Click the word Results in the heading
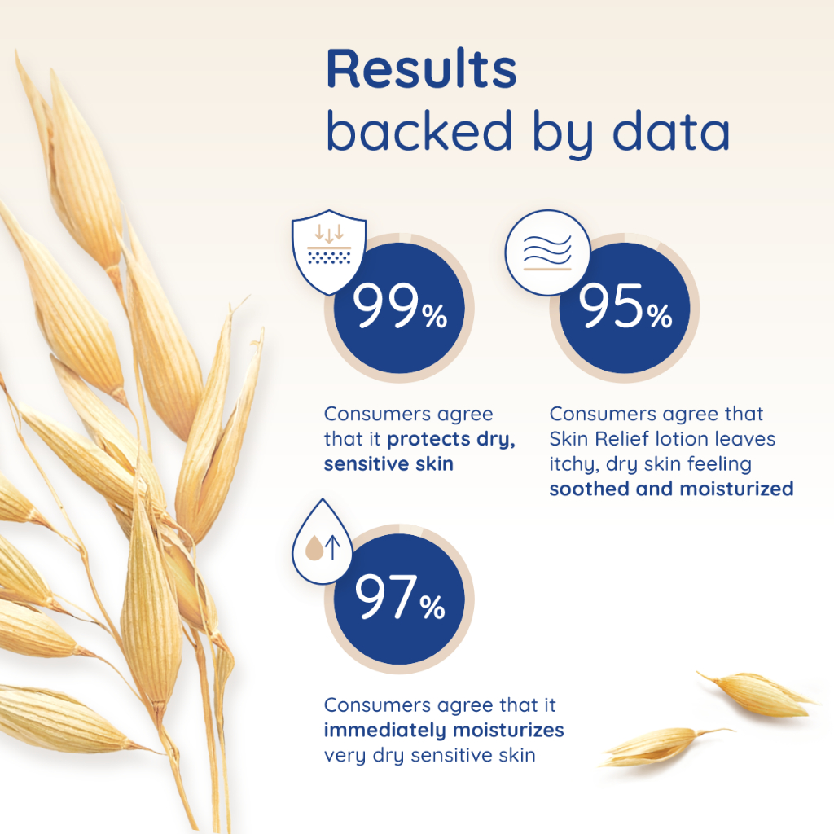[421, 68]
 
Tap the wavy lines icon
[547, 252]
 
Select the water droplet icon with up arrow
[323, 542]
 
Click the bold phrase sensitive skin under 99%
[388, 463]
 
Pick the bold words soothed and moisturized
[671, 489]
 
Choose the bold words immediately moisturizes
[444, 731]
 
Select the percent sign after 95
[660, 315]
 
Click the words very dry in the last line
[364, 756]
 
